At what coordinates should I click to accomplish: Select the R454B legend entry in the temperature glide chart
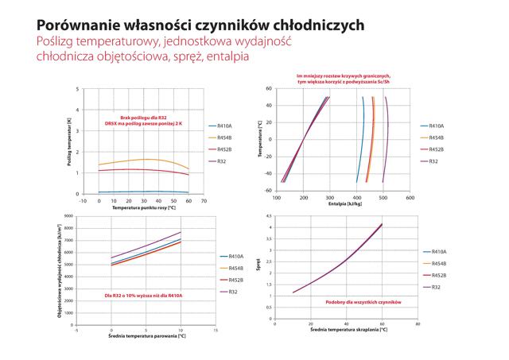pyautogui.click(x=224, y=139)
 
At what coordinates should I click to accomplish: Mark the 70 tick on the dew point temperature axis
pyautogui.click(x=204, y=200)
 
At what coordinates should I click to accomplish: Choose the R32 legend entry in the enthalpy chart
pyautogui.click(x=433, y=161)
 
